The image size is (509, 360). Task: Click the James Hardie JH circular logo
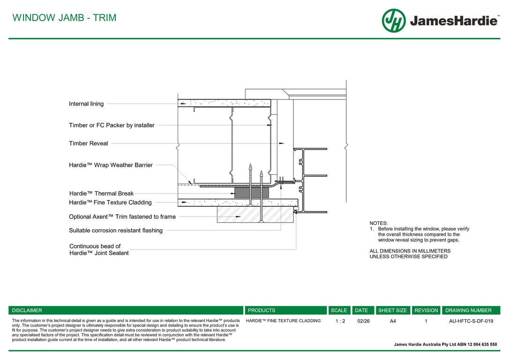click(x=394, y=21)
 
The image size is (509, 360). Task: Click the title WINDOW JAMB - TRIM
click(x=64, y=18)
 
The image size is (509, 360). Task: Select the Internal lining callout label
click(x=86, y=104)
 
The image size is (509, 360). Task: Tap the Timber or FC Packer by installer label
click(x=112, y=125)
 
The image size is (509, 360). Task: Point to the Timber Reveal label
click(x=88, y=143)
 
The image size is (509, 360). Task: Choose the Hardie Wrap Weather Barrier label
click(x=111, y=165)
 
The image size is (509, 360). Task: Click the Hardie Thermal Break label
click(x=101, y=193)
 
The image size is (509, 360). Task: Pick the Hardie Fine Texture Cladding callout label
click(x=110, y=202)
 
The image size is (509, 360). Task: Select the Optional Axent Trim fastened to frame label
click(x=122, y=217)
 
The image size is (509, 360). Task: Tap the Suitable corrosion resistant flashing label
click(x=116, y=230)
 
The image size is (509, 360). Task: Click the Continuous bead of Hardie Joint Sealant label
click(x=98, y=249)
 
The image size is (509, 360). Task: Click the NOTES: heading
click(x=379, y=223)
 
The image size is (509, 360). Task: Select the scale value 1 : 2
click(x=340, y=321)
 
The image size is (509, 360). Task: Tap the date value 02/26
click(x=363, y=321)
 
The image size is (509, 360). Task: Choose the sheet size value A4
click(x=393, y=321)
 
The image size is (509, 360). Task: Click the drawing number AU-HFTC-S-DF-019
click(x=471, y=321)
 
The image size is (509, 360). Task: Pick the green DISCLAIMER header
click(x=27, y=310)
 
